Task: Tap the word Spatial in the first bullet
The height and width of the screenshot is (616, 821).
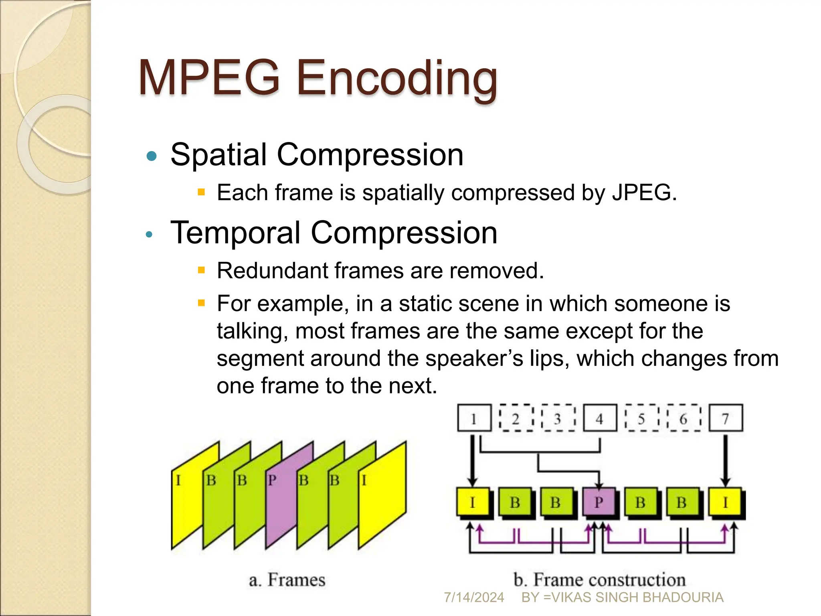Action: pyautogui.click(x=218, y=155)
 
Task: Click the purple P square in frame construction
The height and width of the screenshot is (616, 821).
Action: pyautogui.click(x=599, y=502)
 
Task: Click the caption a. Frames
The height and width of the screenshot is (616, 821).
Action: pyautogui.click(x=287, y=580)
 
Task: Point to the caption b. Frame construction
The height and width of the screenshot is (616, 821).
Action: pyautogui.click(x=599, y=580)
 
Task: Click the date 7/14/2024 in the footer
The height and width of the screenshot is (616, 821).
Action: pyautogui.click(x=474, y=598)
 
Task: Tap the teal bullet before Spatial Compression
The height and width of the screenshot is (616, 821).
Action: pyautogui.click(x=152, y=156)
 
